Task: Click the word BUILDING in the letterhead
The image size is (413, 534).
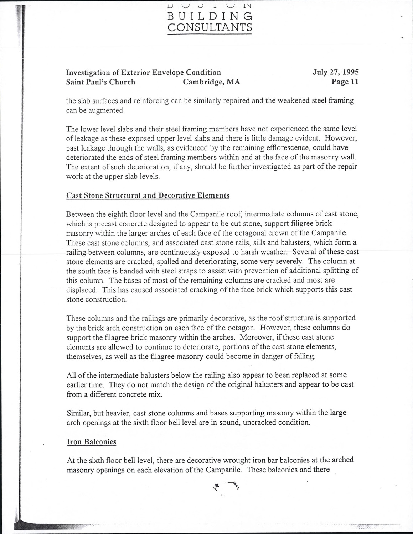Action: point(210,16)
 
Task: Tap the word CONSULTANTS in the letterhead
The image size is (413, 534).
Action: point(210,27)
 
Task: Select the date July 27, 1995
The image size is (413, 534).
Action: point(336,72)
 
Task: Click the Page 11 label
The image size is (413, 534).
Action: point(345,82)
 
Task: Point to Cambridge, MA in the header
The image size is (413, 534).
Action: point(211,82)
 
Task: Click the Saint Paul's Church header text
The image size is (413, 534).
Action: point(101,82)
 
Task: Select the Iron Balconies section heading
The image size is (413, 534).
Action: point(92,442)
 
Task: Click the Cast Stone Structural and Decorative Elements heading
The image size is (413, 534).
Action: point(148,195)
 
